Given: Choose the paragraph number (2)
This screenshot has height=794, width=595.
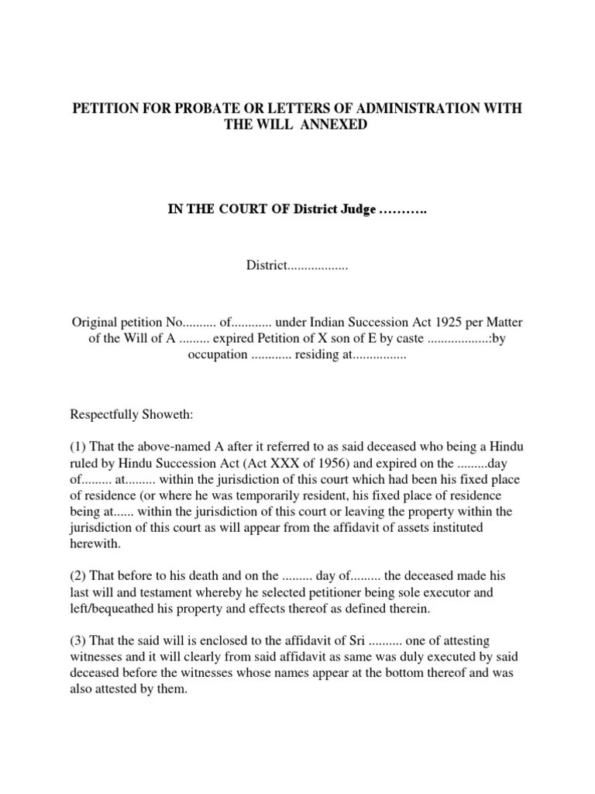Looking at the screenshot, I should [79, 576].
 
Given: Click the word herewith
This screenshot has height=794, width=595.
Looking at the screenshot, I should [95, 544].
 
